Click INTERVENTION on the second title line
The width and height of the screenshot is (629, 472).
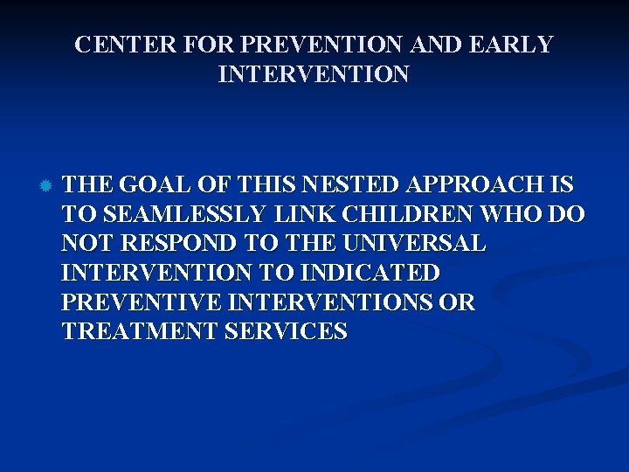tap(314, 74)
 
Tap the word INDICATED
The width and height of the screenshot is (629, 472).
tap(369, 274)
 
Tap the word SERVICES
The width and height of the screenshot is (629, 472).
tap(286, 332)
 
